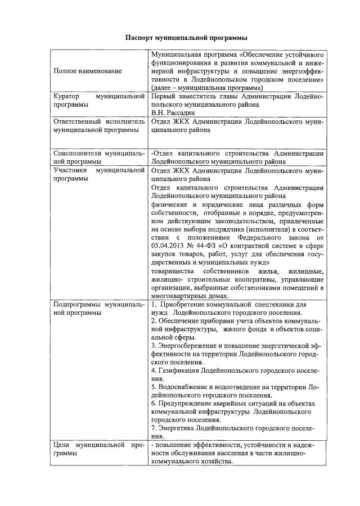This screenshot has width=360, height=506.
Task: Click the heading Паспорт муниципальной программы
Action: [186, 38]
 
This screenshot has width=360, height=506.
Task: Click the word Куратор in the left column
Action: [67, 97]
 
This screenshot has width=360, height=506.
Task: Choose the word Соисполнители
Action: [80, 153]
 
